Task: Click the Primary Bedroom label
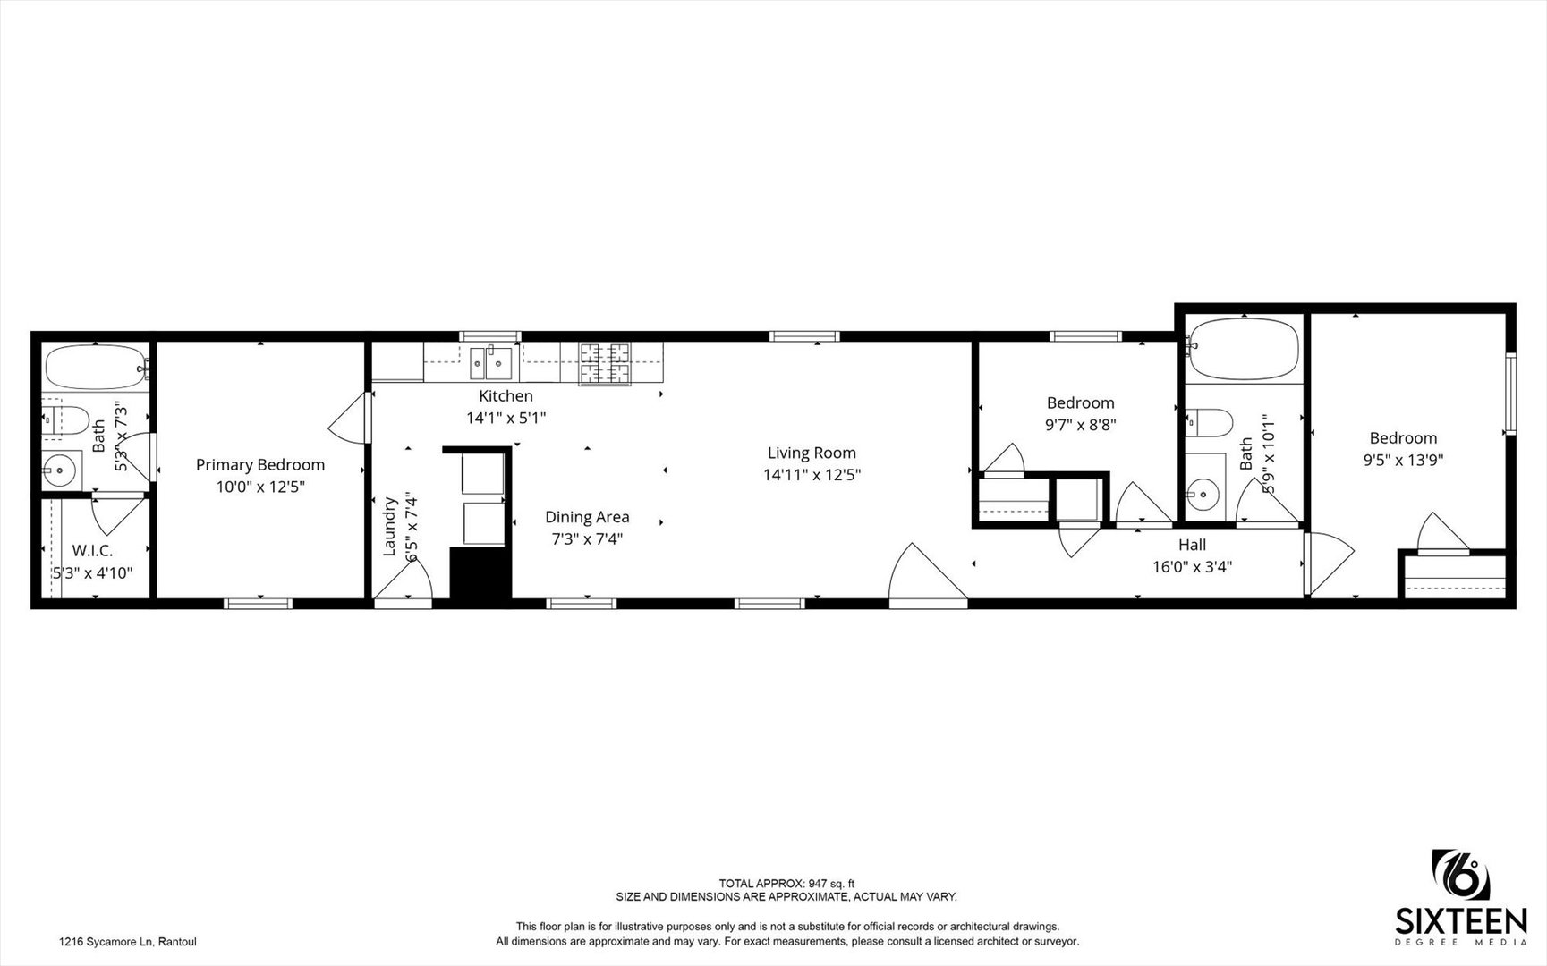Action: (x=260, y=465)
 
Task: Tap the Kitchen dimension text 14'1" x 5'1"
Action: (x=506, y=418)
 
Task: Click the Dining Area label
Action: (x=587, y=517)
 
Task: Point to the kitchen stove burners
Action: (x=605, y=364)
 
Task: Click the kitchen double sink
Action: (x=491, y=363)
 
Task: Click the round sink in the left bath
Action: (x=61, y=469)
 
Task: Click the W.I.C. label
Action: (x=93, y=551)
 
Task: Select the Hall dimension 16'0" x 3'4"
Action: (x=1192, y=566)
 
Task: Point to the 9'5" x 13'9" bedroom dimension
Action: (x=1403, y=461)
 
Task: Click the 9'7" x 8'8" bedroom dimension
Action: (x=1081, y=426)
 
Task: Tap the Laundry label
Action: (x=389, y=527)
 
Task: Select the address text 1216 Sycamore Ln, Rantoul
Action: (x=127, y=941)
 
